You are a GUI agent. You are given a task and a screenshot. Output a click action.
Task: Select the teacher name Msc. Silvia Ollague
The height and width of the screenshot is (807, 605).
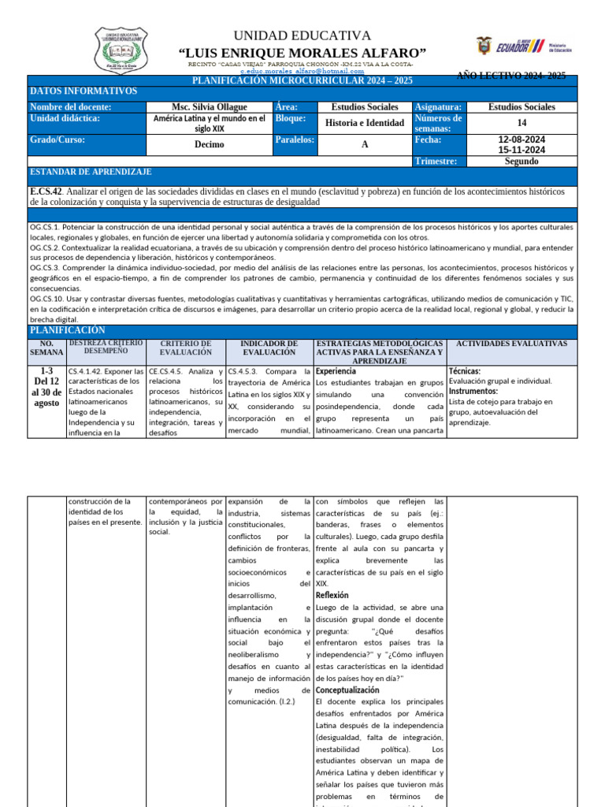[x=209, y=107]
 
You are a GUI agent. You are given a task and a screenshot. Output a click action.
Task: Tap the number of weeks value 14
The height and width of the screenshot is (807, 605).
[x=521, y=123]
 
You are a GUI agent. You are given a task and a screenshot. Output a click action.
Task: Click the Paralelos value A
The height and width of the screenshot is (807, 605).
[x=365, y=144]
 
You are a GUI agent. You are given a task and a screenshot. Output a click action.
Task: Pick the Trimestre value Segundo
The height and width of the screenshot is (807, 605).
[x=521, y=161]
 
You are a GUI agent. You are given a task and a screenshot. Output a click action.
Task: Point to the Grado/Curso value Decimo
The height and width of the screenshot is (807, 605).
[x=209, y=144]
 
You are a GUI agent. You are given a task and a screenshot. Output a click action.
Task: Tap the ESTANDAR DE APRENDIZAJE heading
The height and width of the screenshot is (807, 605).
[x=91, y=172]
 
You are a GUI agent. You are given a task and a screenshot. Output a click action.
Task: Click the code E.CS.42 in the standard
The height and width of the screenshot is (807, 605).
[x=46, y=192]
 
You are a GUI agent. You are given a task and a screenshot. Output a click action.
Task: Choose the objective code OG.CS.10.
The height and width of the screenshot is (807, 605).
[x=48, y=299]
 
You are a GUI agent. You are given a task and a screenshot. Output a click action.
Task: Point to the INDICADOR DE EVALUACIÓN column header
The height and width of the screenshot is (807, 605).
[x=269, y=348]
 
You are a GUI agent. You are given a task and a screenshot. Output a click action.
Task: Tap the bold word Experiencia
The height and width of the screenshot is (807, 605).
[x=336, y=370]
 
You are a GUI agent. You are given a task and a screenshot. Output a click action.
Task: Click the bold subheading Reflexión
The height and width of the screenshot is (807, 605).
[x=332, y=595]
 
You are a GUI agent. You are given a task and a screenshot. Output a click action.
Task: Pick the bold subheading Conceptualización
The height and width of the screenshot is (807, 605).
[x=346, y=690]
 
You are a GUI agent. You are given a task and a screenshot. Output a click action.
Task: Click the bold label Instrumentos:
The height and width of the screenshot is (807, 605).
[x=473, y=391]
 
